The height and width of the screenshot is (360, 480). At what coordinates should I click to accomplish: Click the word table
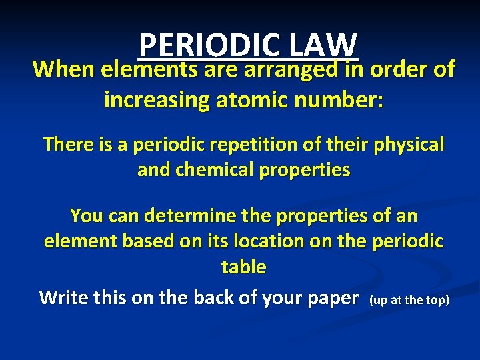[x=243, y=267]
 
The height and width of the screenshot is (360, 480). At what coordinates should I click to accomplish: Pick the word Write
[x=63, y=297]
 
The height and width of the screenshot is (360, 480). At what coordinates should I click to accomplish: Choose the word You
[x=86, y=215]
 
